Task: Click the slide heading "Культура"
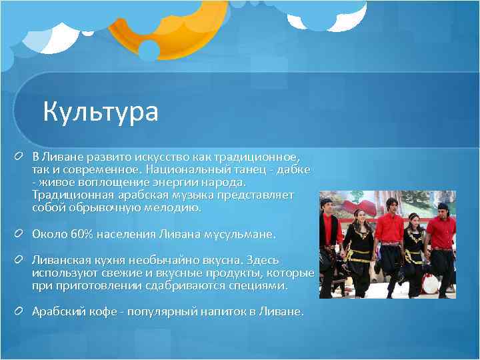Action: pyautogui.click(x=101, y=111)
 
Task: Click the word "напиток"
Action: pyautogui.click(x=213, y=311)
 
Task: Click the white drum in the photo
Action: pyautogui.click(x=431, y=284)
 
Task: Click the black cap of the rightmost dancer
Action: pyautogui.click(x=443, y=206)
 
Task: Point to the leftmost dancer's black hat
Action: pyautogui.click(x=326, y=201)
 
